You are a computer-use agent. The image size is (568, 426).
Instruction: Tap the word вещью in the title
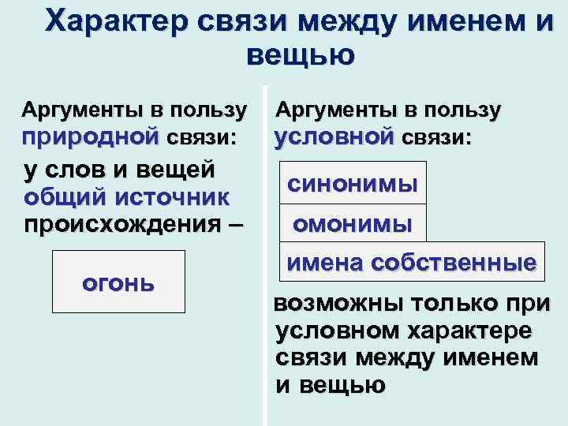click(301, 55)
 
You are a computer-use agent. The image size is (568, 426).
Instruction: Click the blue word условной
click(334, 136)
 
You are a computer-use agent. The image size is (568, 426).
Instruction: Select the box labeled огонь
click(118, 282)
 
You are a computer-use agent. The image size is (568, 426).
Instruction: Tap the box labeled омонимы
click(352, 223)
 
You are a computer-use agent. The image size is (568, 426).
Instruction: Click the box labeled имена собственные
click(410, 262)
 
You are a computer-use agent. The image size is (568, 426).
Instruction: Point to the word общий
click(63, 196)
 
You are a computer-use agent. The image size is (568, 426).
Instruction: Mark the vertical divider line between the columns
click(265, 252)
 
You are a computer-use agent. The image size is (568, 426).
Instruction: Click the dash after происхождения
click(234, 222)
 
